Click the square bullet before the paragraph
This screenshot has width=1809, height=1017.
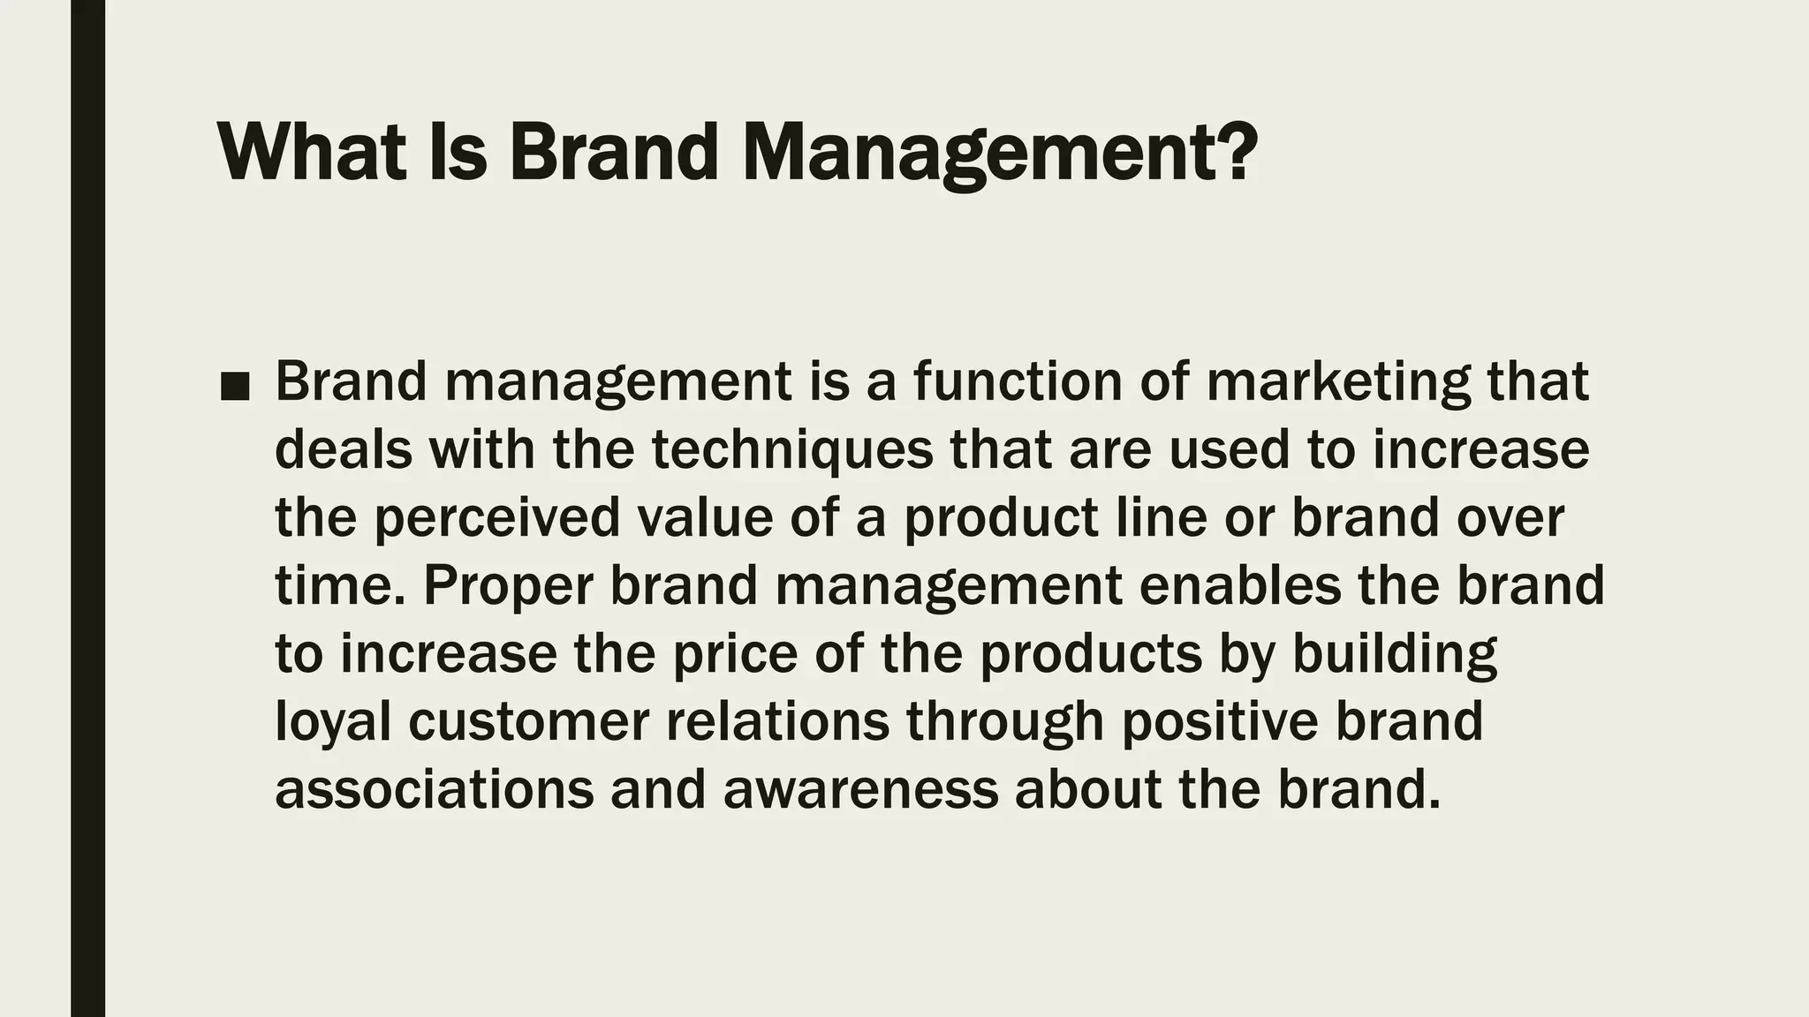235,386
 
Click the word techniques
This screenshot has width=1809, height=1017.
792,449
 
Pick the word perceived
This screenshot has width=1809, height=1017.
497,518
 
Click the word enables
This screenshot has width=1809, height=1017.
1240,585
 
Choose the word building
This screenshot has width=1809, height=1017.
1395,654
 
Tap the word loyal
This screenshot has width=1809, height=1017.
333,722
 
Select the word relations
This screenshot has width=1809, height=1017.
777,721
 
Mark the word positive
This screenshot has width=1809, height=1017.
1220,721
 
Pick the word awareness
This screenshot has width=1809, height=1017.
860,789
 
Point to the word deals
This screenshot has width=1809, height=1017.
344,449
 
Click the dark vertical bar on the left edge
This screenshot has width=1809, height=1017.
87,508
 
